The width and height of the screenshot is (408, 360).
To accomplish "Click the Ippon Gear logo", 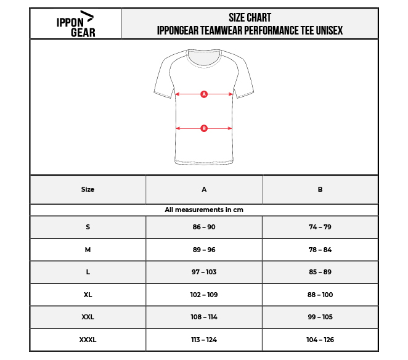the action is coord(75,24).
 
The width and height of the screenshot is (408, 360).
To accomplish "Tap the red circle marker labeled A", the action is coord(204,94).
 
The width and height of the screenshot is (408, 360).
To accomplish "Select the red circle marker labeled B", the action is coord(204,128).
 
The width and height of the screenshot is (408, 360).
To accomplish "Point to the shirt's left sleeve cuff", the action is coord(163,94).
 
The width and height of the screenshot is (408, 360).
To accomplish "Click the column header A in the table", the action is coord(204,189).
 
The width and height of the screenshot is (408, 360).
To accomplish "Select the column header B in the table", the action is coord(320,189).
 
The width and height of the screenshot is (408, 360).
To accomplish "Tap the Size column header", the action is coord(88,189).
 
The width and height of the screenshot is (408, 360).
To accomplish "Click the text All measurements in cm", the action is coord(204,210).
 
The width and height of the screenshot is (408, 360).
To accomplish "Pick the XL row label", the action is coord(88,295).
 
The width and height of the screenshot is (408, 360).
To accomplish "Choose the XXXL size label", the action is coord(88,340).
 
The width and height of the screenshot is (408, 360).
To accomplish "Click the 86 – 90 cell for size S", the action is coord(204,227).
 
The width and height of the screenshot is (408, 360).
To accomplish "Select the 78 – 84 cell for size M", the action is coord(320,250).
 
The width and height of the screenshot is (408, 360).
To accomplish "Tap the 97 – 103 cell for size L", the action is coord(204,272).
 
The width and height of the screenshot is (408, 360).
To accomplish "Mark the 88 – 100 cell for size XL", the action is coord(320,295).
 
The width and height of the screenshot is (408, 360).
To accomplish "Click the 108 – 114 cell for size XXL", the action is coord(204,317).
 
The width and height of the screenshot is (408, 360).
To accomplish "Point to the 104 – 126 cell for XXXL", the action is coord(320,340).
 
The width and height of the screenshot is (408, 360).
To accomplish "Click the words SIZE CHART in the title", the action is coord(250,18).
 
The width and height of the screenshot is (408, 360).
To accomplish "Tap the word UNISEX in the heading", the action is coord(329,30).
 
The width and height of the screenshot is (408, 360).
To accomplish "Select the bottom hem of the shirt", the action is coord(204,162).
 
